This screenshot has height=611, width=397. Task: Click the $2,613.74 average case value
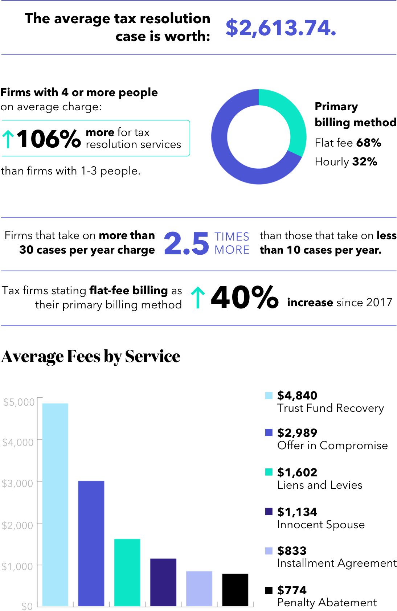(281, 28)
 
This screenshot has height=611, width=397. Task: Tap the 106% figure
(49, 139)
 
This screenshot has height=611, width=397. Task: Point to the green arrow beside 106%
(8, 139)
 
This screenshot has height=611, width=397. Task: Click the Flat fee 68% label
(348, 143)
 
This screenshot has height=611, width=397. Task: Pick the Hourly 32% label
(345, 161)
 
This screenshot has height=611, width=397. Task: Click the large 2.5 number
(186, 243)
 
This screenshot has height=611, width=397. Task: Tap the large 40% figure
(244, 298)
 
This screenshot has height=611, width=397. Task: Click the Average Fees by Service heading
(91, 356)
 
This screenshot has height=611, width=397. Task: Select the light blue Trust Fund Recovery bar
(55, 504)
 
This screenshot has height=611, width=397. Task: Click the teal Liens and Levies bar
(127, 572)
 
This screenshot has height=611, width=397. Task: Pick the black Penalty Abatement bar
(235, 590)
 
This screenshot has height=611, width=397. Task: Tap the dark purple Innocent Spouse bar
(163, 582)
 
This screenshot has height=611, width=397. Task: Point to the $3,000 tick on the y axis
(18, 483)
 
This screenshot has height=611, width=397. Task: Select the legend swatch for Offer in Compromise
(269, 432)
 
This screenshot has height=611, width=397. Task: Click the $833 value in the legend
(292, 551)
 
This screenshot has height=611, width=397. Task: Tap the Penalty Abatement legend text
(327, 603)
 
